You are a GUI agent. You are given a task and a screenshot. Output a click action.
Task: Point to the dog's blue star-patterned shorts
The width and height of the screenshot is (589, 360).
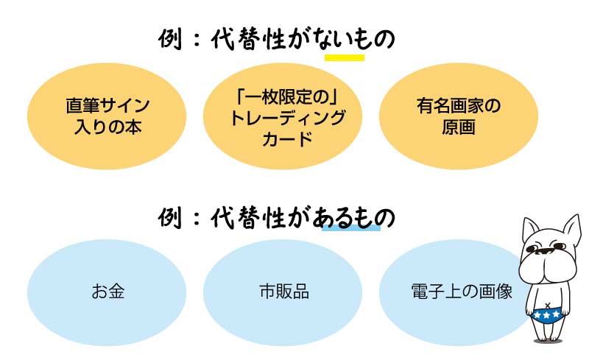[x=546, y=316]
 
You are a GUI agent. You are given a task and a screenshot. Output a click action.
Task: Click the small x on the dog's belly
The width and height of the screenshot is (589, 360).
[x=548, y=305]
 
